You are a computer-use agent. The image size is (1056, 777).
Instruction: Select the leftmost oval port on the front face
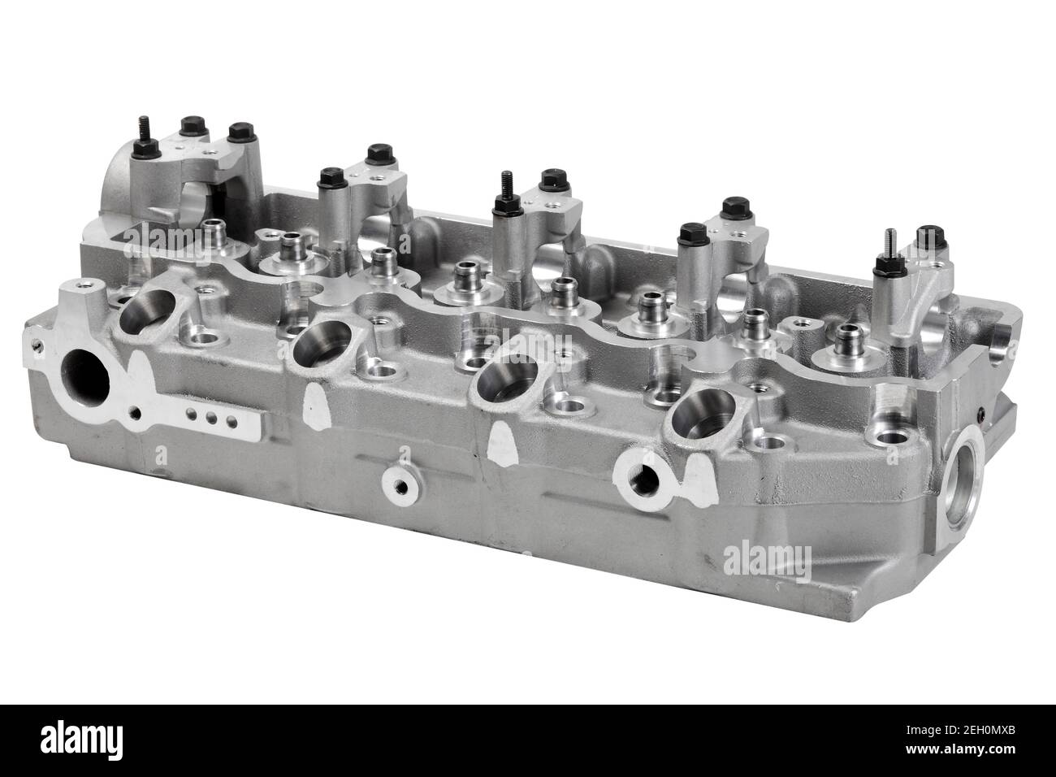click(x=147, y=312)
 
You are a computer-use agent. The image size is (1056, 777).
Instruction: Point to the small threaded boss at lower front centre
click(x=398, y=485)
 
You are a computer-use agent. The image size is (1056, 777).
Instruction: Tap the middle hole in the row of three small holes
click(x=213, y=420)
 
